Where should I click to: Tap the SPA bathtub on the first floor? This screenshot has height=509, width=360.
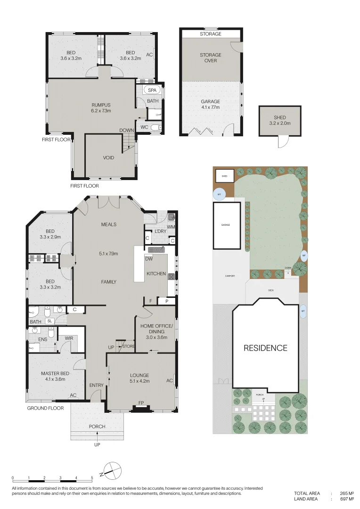pyautogui.click(x=152, y=90)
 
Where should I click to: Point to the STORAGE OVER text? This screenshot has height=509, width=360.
pyautogui.click(x=210, y=57)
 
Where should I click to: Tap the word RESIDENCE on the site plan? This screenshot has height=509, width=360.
pyautogui.click(x=265, y=348)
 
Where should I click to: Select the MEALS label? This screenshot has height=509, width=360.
pyautogui.click(x=108, y=224)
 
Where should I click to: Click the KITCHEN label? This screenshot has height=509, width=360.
pyautogui.click(x=155, y=274)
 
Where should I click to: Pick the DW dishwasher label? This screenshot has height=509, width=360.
pyautogui.click(x=148, y=259)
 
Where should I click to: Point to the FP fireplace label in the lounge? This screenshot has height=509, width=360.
pyautogui.click(x=140, y=403)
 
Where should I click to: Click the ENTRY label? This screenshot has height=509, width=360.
pyautogui.click(x=96, y=386)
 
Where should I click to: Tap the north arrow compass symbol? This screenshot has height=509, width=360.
pyautogui.click(x=113, y=469)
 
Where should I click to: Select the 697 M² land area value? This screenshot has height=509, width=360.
pyautogui.click(x=344, y=499)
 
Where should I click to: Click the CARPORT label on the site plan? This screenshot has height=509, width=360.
pyautogui.click(x=229, y=276)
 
